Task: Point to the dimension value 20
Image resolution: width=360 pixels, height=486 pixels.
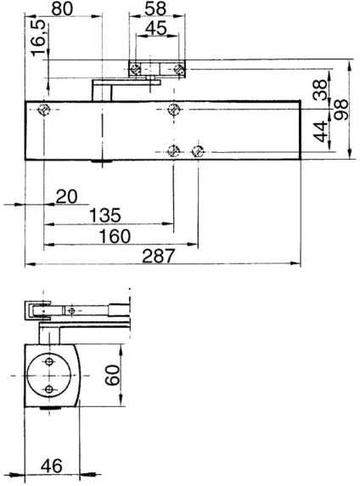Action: [66, 195]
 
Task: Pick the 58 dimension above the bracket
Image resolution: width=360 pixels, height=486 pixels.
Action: [154, 8]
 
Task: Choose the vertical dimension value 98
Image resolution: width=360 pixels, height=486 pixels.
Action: [342, 109]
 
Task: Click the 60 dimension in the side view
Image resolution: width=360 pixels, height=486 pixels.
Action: [111, 373]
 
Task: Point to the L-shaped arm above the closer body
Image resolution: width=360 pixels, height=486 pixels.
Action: [105, 88]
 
